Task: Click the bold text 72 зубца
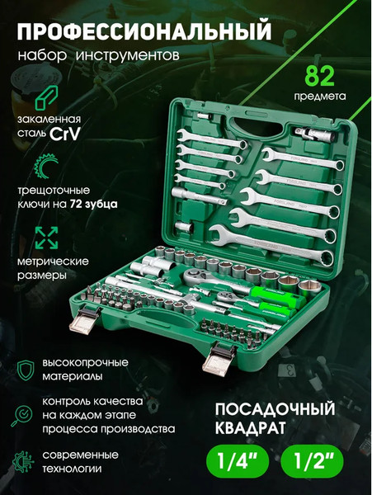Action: click(92, 202)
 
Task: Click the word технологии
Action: click(75, 469)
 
